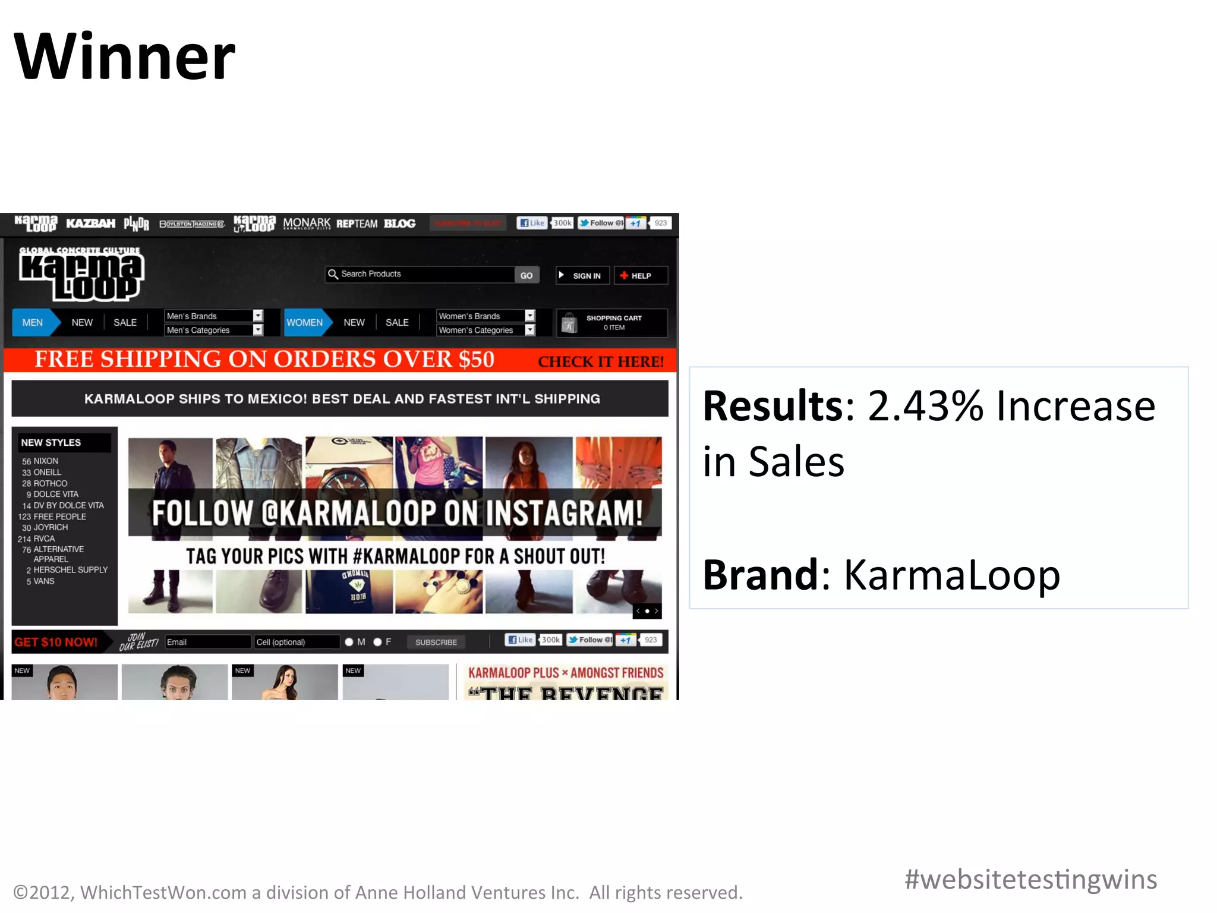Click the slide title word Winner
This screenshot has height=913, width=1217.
[x=124, y=57]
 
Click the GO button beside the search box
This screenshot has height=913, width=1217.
[x=526, y=275]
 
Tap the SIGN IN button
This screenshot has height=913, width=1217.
[x=582, y=276]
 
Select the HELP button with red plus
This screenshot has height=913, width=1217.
[x=640, y=276]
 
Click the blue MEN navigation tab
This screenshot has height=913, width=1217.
[x=33, y=323]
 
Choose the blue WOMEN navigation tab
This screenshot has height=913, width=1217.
[x=305, y=323]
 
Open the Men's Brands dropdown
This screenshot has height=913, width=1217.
[x=213, y=316]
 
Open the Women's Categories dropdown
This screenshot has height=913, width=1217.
[x=485, y=330]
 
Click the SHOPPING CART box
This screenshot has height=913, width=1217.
[x=611, y=323]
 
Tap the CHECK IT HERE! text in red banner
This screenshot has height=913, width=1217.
[x=600, y=361]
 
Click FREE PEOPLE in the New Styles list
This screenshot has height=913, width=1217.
[x=59, y=517]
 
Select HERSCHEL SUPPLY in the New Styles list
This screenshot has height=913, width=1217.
[x=70, y=569]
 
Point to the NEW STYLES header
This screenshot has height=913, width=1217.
[x=51, y=443]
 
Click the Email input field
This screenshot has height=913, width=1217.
[x=207, y=642]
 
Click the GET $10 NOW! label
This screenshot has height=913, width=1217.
[x=56, y=642]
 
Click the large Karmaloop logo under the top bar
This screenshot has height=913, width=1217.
[x=81, y=274]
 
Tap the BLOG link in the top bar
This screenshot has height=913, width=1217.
[x=399, y=223]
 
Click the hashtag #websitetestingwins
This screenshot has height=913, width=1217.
[x=1030, y=880]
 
